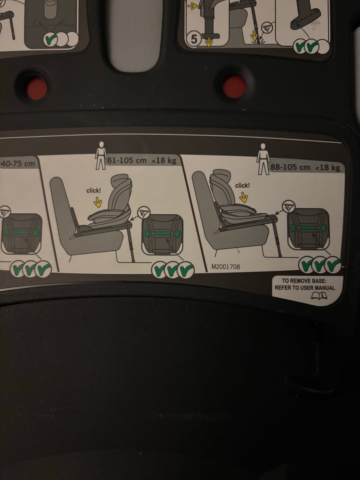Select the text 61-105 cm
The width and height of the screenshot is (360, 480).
(x=127, y=160)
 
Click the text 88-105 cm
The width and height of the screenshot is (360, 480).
(x=290, y=167)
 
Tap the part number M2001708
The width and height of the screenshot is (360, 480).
(x=226, y=267)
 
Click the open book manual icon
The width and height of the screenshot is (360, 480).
(x=319, y=296)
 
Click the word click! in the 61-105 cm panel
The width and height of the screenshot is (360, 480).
(x=93, y=191)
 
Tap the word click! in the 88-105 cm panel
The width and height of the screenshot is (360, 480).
(x=242, y=186)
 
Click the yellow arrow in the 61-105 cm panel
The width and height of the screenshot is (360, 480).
(x=98, y=203)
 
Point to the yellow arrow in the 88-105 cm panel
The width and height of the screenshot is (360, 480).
(x=243, y=198)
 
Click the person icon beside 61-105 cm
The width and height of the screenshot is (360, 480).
(x=101, y=156)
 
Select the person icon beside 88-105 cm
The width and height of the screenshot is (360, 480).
(x=263, y=159)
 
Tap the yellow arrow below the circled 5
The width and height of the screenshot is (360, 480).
(x=209, y=42)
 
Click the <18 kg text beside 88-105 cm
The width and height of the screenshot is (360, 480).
(x=328, y=168)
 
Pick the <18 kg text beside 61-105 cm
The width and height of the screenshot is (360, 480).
(x=164, y=161)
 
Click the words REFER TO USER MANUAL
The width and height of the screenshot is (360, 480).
(x=305, y=288)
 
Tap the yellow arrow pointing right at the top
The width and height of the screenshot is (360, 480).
(x=192, y=6)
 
